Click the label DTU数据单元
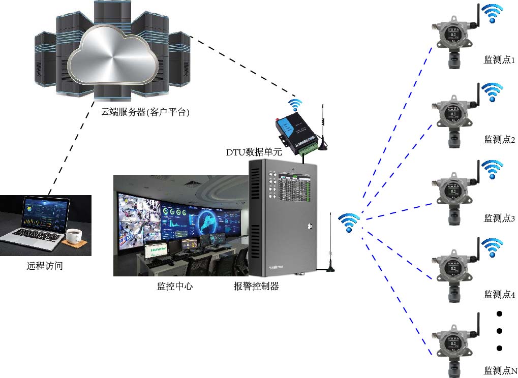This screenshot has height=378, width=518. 254,152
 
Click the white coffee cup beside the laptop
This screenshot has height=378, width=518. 74,235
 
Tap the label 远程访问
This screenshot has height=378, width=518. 45,265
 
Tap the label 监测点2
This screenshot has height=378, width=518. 499,139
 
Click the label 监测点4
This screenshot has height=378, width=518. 499,294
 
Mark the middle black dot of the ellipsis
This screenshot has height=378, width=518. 499,331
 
